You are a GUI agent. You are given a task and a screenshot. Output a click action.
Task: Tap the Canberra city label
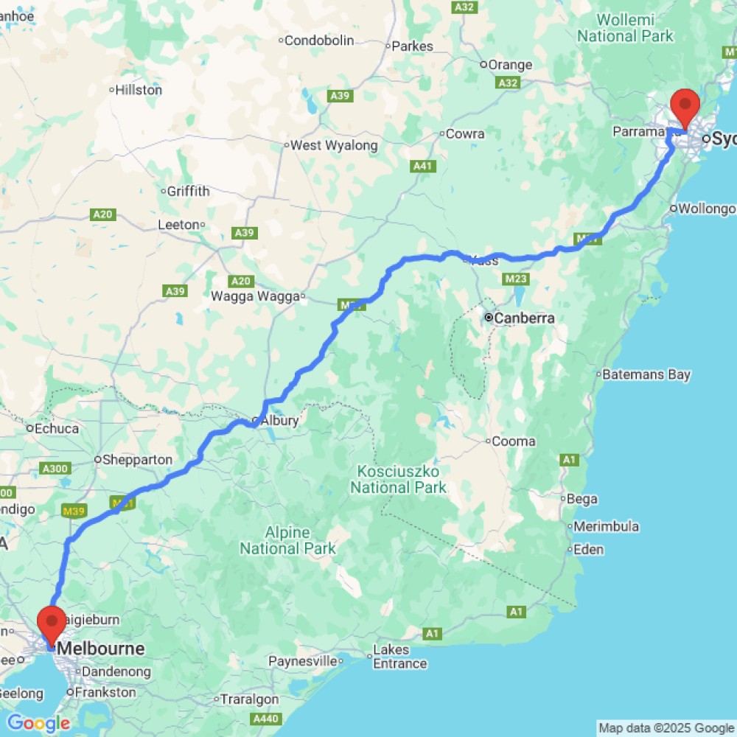tap(523, 318)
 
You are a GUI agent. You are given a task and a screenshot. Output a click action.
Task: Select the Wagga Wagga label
tap(255, 296)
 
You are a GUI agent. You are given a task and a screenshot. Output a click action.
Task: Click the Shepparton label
tap(137, 459)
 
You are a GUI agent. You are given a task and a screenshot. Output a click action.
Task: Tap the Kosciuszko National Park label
tap(398, 479)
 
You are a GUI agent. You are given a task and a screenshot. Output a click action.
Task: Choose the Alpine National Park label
tap(287, 540)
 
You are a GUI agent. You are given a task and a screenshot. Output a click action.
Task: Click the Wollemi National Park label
tap(625, 28)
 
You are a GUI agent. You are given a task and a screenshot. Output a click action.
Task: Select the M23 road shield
tap(516, 279)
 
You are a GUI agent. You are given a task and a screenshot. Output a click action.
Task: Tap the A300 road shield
tap(57, 469)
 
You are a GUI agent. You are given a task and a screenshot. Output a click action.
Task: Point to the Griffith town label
tap(188, 191)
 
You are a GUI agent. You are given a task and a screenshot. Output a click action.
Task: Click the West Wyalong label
tap(333, 145)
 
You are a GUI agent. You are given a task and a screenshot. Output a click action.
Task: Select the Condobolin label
tap(318, 41)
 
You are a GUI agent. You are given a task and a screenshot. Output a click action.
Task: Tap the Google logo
tap(38, 723)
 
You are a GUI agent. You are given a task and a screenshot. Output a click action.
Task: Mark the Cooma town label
tap(514, 441)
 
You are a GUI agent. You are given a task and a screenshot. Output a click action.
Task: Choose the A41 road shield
tap(422, 167)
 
